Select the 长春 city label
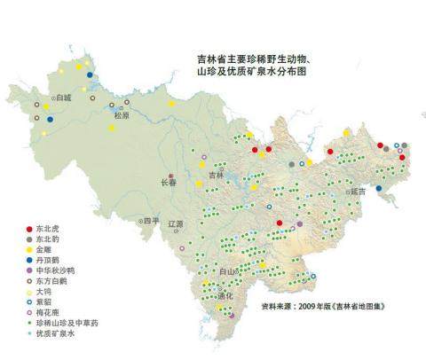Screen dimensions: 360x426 click(x=168, y=184)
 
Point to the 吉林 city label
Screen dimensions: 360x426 click(x=217, y=176)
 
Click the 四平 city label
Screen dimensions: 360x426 click(x=151, y=221)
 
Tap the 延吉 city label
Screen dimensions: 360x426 click(x=358, y=190)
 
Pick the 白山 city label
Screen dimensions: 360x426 click(x=229, y=270)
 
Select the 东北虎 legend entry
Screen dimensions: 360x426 click(x=50, y=230)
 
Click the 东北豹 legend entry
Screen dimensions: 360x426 click(x=50, y=240)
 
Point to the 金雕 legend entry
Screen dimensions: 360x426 click(x=45, y=251)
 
